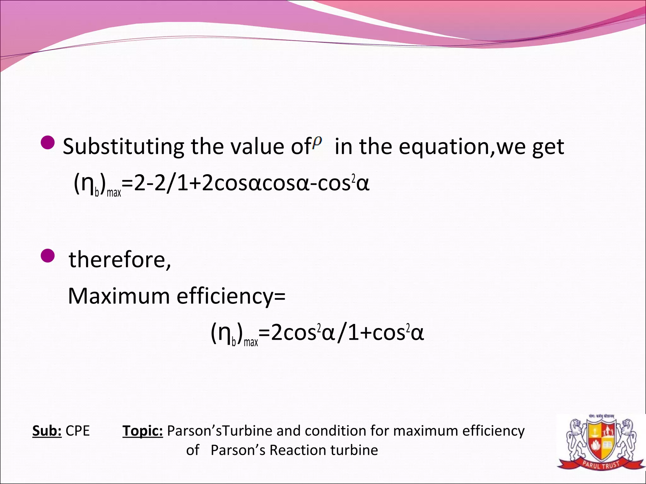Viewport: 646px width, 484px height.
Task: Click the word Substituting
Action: pos(123,147)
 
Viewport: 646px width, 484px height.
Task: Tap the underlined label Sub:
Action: pos(47,431)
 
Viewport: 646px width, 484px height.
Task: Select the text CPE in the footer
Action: pos(78,431)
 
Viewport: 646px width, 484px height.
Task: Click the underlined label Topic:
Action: pos(143,431)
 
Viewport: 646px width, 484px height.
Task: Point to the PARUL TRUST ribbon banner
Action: pos(601,465)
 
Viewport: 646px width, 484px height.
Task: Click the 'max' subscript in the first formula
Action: pos(114,192)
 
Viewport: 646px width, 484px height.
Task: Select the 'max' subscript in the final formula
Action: pos(251,342)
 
